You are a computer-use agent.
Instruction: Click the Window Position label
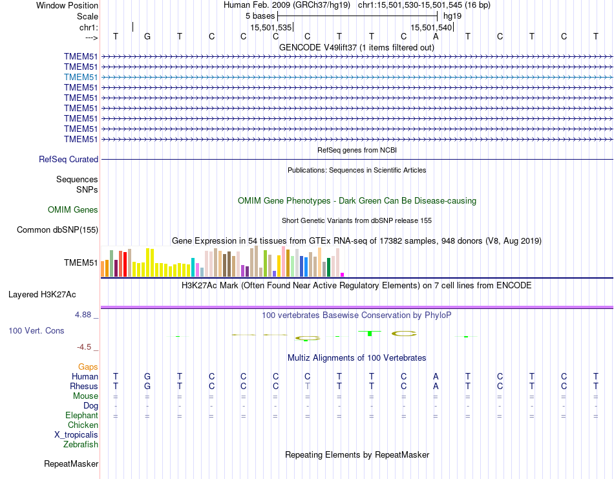(x=67, y=5)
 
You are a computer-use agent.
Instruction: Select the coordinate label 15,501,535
(x=271, y=27)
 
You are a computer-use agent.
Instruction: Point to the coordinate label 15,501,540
(x=431, y=27)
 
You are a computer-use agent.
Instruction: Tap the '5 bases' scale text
(x=260, y=16)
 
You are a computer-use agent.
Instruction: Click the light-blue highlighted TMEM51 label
(x=81, y=77)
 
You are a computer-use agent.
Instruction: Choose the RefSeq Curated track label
(x=69, y=159)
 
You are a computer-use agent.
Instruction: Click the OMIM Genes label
(x=73, y=209)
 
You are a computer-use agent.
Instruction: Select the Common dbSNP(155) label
(x=58, y=229)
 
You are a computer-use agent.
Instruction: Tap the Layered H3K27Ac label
(x=42, y=294)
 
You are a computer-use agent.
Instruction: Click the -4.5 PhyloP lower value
(x=85, y=346)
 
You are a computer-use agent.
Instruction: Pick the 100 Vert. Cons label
(x=36, y=330)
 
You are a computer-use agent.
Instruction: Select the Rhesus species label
(x=83, y=386)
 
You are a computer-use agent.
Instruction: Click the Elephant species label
(x=81, y=415)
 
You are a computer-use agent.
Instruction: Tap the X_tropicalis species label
(x=76, y=434)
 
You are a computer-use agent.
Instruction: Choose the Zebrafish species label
(x=81, y=444)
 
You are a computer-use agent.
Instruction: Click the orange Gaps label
(x=88, y=367)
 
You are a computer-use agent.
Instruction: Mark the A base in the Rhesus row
(x=436, y=386)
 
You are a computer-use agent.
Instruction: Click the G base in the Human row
(x=147, y=376)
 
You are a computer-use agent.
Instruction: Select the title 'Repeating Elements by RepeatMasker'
(x=357, y=454)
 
